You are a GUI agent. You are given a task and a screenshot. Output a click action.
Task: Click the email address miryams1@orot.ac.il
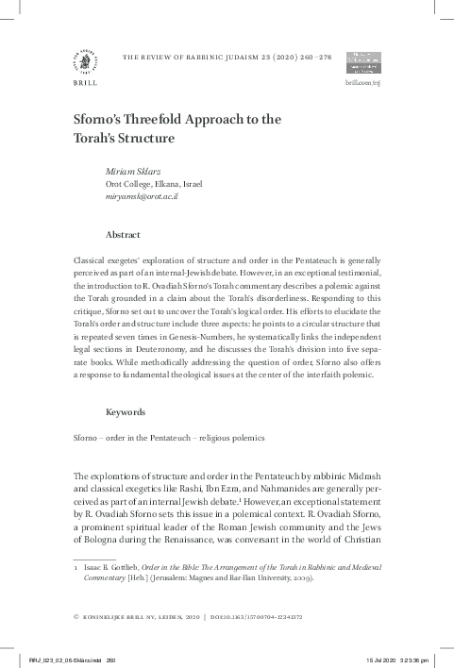point(142,196)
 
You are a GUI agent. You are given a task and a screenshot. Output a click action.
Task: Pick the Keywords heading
point(126,412)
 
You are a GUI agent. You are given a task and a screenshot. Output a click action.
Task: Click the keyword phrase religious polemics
point(232,439)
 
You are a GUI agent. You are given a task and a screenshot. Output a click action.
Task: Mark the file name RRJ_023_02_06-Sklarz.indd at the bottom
point(66,659)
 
